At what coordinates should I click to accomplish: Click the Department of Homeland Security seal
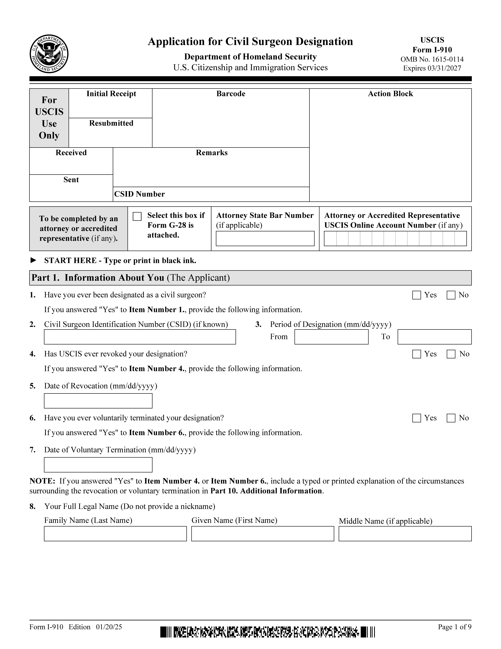pyautogui.click(x=49, y=54)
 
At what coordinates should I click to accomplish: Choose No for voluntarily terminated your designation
pyautogui.click(x=451, y=418)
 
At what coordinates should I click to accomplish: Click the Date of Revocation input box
pyautogui.click(x=98, y=401)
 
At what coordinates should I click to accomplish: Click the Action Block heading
pyautogui.click(x=390, y=94)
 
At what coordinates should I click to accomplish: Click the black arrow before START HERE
pyautogui.click(x=34, y=260)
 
